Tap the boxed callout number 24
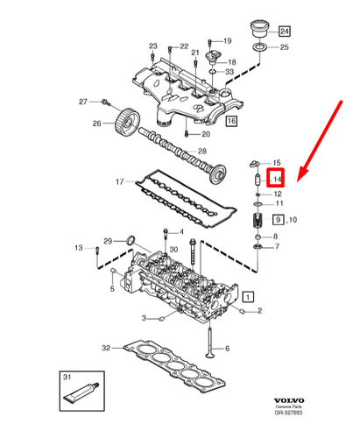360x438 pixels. click(x=283, y=31)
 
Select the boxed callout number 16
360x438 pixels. click(x=231, y=120)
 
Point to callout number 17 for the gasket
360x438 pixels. click(x=120, y=182)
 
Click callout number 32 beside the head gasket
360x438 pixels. click(x=106, y=348)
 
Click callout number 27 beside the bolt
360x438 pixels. click(x=84, y=102)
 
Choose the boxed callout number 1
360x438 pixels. click(x=249, y=297)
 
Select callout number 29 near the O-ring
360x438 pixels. click(x=109, y=241)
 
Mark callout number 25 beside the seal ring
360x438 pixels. click(x=284, y=46)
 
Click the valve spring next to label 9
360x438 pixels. click(x=258, y=221)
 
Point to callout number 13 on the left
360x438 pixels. click(x=78, y=248)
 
